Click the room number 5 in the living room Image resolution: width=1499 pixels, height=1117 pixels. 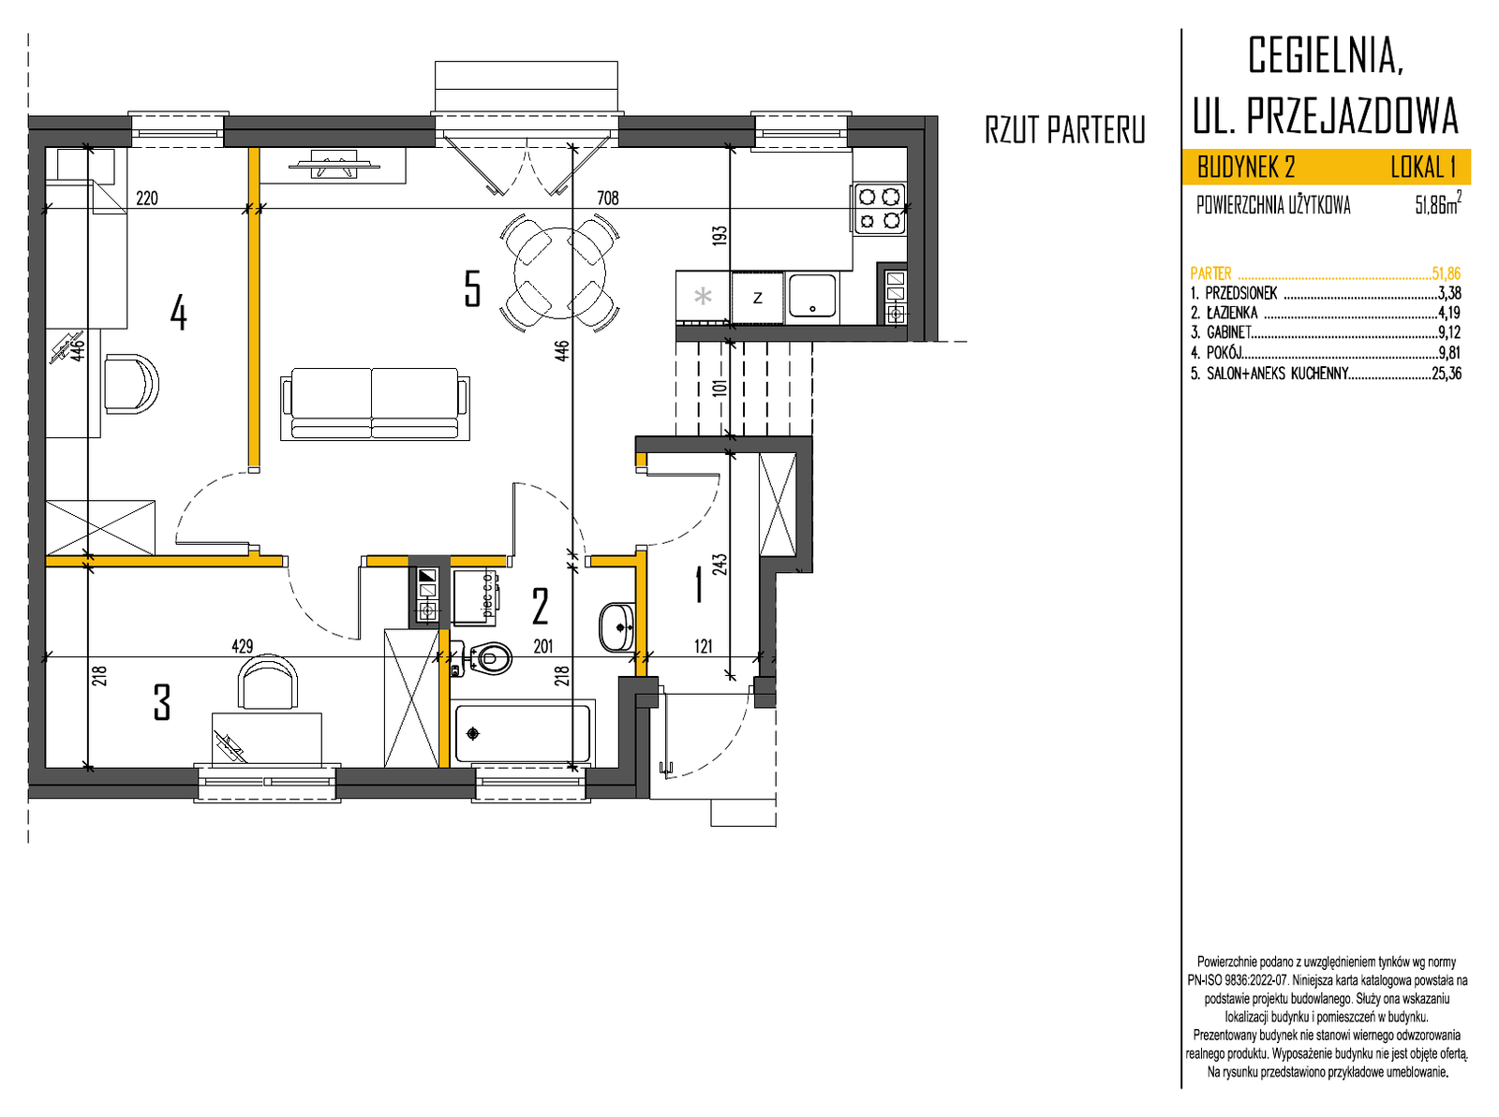pyautogui.click(x=472, y=288)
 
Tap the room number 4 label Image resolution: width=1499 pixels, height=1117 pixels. pyautogui.click(x=178, y=313)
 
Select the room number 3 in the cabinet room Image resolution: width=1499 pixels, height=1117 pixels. pyautogui.click(x=162, y=702)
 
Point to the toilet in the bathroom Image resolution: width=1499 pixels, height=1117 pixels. pyautogui.click(x=489, y=658)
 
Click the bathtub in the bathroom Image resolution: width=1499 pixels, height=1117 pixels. pyautogui.click(x=522, y=733)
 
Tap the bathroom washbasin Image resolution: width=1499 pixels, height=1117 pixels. pyautogui.click(x=616, y=627)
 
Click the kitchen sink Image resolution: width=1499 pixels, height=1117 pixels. pyautogui.click(x=811, y=296)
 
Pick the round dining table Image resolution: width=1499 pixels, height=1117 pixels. pyautogui.click(x=559, y=273)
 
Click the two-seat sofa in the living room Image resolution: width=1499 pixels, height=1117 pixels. pyautogui.click(x=374, y=404)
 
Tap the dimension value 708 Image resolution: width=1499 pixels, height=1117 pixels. pyautogui.click(x=607, y=198)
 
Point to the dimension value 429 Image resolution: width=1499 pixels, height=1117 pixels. pyautogui.click(x=243, y=645)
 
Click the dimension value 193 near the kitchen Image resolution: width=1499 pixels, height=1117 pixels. pyautogui.click(x=720, y=235)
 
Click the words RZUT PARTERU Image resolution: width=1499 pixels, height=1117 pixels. pyautogui.click(x=1064, y=129)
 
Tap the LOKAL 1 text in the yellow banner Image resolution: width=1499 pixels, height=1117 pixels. pyautogui.click(x=1423, y=168)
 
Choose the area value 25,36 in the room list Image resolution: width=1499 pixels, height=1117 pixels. pyautogui.click(x=1447, y=374)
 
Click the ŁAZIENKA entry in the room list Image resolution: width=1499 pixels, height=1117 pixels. pyautogui.click(x=1232, y=314)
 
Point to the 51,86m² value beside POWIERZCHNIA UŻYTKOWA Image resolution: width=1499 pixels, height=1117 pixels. pyautogui.click(x=1437, y=203)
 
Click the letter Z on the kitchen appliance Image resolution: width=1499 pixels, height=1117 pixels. pyautogui.click(x=757, y=298)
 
